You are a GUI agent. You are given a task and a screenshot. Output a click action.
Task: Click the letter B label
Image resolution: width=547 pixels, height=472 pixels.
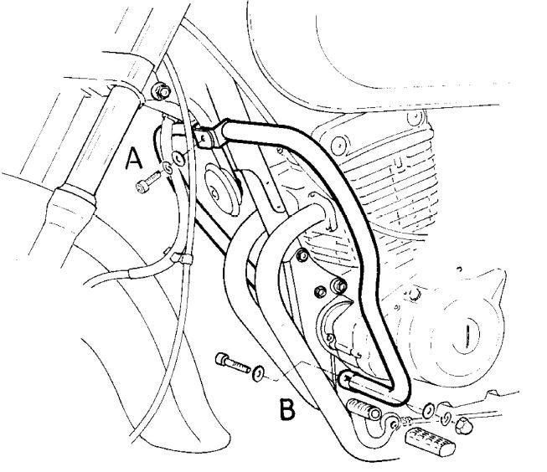pos(287,409)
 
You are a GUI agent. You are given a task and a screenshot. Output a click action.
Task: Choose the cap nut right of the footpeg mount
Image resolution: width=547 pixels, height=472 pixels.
pos(462,428)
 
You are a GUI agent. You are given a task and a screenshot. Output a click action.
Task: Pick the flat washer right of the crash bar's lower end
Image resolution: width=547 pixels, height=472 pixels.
pos(429,410)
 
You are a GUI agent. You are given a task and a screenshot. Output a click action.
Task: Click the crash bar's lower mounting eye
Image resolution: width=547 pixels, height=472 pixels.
pos(345,381)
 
